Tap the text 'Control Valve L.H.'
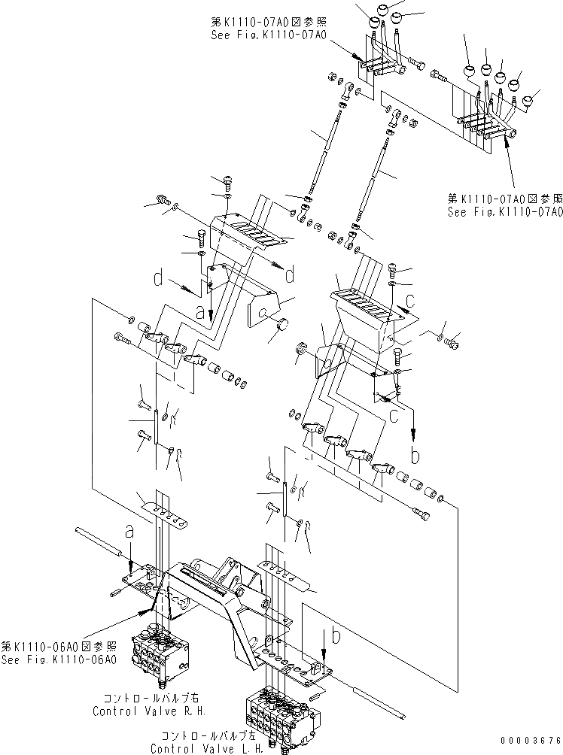click(207, 749)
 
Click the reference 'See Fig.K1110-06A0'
click(59, 660)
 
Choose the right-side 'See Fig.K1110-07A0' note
click(504, 212)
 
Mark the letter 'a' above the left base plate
click(129, 532)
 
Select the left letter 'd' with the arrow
click(158, 280)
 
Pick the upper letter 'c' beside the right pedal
click(411, 302)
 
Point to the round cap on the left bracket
click(283, 325)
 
